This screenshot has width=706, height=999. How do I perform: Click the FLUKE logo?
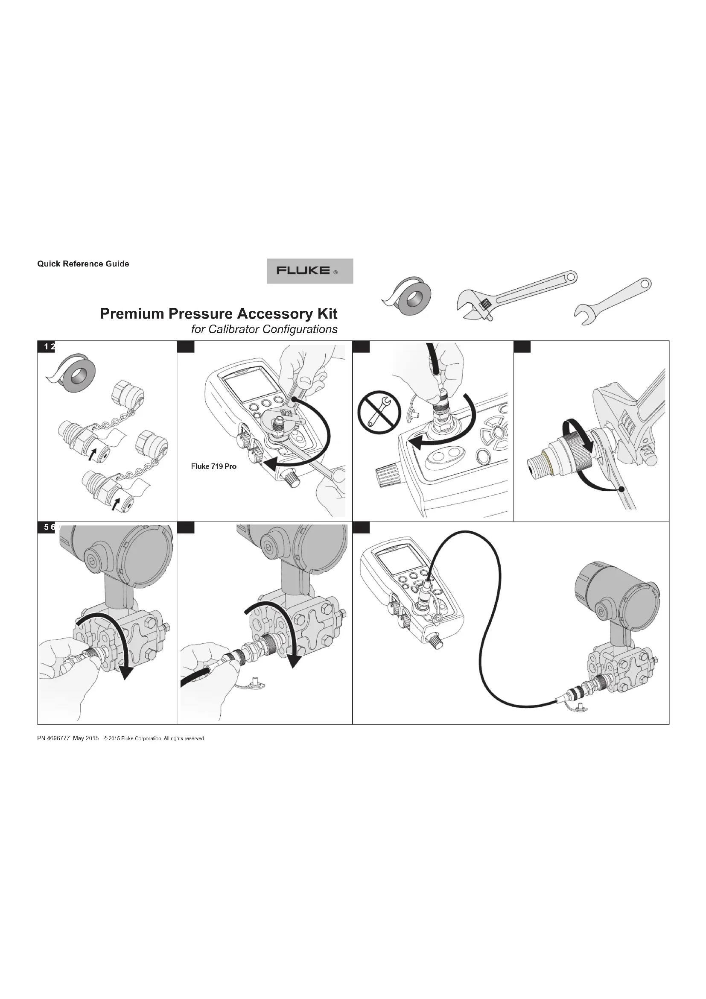(x=309, y=271)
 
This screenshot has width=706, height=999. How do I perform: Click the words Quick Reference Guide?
(x=83, y=264)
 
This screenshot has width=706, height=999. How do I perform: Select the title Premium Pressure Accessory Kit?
(x=219, y=314)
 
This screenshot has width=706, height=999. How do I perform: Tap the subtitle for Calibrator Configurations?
(x=264, y=329)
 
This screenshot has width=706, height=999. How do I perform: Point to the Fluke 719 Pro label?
(x=214, y=466)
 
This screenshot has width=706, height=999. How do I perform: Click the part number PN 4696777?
(x=53, y=738)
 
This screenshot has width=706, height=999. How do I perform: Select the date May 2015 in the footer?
(x=86, y=738)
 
